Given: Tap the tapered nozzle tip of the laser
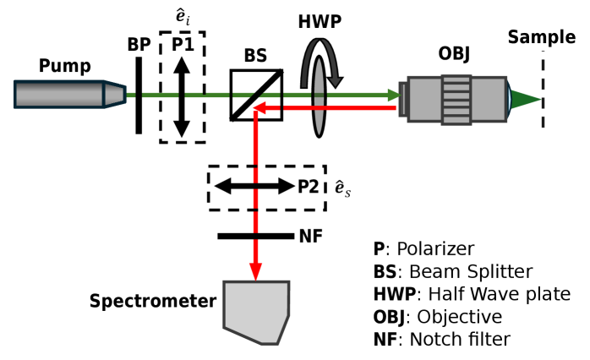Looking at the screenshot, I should [x=115, y=94].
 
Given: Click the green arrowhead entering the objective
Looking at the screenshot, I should [x=395, y=95].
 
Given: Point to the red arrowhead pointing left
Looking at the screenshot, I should [x=259, y=108].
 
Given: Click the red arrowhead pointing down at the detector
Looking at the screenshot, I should [x=255, y=271].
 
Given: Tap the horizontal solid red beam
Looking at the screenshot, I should [x=338, y=108].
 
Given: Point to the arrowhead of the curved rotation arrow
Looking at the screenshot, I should [x=335, y=81].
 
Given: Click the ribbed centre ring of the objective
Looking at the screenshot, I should [x=456, y=100].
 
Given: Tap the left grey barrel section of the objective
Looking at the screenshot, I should [x=425, y=100].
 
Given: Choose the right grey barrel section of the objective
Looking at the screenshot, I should [x=489, y=100].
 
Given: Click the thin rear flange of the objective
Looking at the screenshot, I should [x=402, y=99].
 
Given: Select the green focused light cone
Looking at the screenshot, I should [x=522, y=100].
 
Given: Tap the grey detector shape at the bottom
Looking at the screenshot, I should [x=256, y=309].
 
